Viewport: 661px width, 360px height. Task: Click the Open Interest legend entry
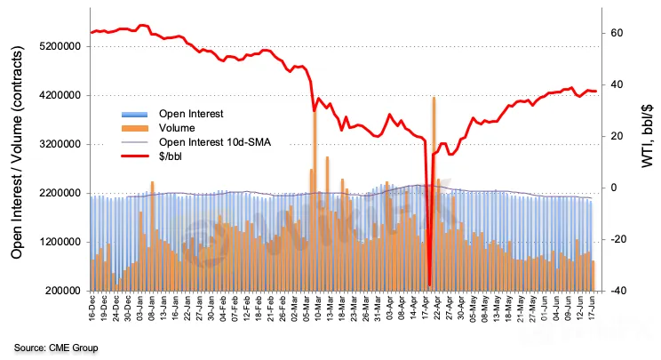190,114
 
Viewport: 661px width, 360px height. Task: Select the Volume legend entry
177,127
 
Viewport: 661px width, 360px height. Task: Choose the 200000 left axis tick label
61,291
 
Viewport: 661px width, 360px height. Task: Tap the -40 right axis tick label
615,291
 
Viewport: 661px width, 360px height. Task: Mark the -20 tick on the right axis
615,239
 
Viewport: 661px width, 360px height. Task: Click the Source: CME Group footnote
55,347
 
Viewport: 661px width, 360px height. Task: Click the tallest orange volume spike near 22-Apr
434,100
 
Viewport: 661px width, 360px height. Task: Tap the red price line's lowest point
429,284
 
